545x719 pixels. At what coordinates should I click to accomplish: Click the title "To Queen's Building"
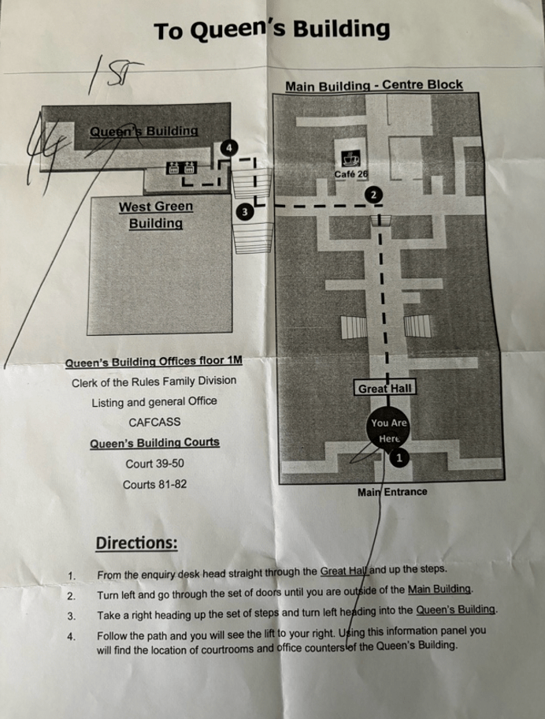[x=272, y=31]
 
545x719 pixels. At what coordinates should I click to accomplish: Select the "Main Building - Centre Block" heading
[x=373, y=85]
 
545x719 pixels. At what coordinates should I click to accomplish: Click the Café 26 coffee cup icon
[x=347, y=155]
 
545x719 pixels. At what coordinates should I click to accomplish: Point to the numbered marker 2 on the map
[x=374, y=194]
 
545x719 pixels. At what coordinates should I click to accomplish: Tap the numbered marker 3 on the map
[x=244, y=211]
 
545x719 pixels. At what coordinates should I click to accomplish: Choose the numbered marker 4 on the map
[x=228, y=147]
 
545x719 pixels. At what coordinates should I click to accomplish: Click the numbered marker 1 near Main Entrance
[x=399, y=457]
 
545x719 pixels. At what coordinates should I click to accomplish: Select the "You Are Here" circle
[x=388, y=430]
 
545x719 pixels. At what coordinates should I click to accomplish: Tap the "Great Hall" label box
[x=385, y=389]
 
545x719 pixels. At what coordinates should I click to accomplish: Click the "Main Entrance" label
[x=392, y=492]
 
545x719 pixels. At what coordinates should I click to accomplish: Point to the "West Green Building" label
[x=155, y=214]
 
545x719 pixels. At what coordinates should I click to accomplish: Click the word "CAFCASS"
[x=154, y=422]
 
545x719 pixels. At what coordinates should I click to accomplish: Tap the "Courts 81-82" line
[x=154, y=483]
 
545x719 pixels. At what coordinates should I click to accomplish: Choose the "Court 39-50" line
[x=154, y=464]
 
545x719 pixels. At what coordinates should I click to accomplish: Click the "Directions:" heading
[x=135, y=543]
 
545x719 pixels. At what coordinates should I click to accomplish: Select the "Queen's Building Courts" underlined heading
[x=154, y=442]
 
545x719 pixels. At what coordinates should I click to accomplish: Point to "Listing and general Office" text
[x=154, y=401]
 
